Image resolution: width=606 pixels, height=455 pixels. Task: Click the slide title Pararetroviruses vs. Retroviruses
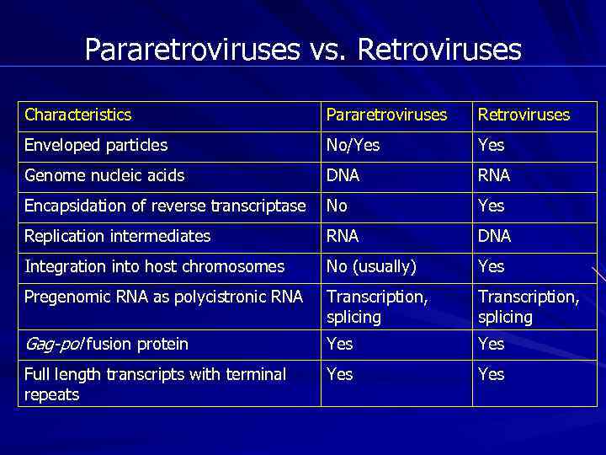303,50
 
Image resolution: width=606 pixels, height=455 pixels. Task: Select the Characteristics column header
78,115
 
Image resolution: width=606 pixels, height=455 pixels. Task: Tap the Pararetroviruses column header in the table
386,115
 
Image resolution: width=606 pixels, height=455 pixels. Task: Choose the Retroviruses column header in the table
524,115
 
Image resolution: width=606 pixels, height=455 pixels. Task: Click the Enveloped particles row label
96,145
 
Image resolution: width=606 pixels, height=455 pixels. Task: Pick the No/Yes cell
353,145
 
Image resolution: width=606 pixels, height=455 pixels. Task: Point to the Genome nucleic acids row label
104,175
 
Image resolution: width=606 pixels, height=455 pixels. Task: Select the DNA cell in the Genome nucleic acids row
343,175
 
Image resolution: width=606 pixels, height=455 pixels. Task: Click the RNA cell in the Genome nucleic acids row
494,175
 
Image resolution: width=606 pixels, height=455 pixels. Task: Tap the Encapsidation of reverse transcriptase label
165,206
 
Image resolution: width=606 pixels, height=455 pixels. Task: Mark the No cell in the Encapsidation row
338,206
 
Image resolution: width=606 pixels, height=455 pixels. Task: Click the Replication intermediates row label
118,236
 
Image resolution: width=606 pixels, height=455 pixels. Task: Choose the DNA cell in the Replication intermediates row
494,236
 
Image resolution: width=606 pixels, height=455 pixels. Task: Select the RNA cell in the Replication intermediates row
343,236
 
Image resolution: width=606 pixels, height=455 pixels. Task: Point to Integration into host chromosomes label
155,266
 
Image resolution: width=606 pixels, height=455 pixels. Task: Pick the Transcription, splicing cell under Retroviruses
529,307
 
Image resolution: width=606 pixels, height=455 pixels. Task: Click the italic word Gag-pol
55,344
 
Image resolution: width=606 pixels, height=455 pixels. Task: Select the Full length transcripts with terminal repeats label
155,383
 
